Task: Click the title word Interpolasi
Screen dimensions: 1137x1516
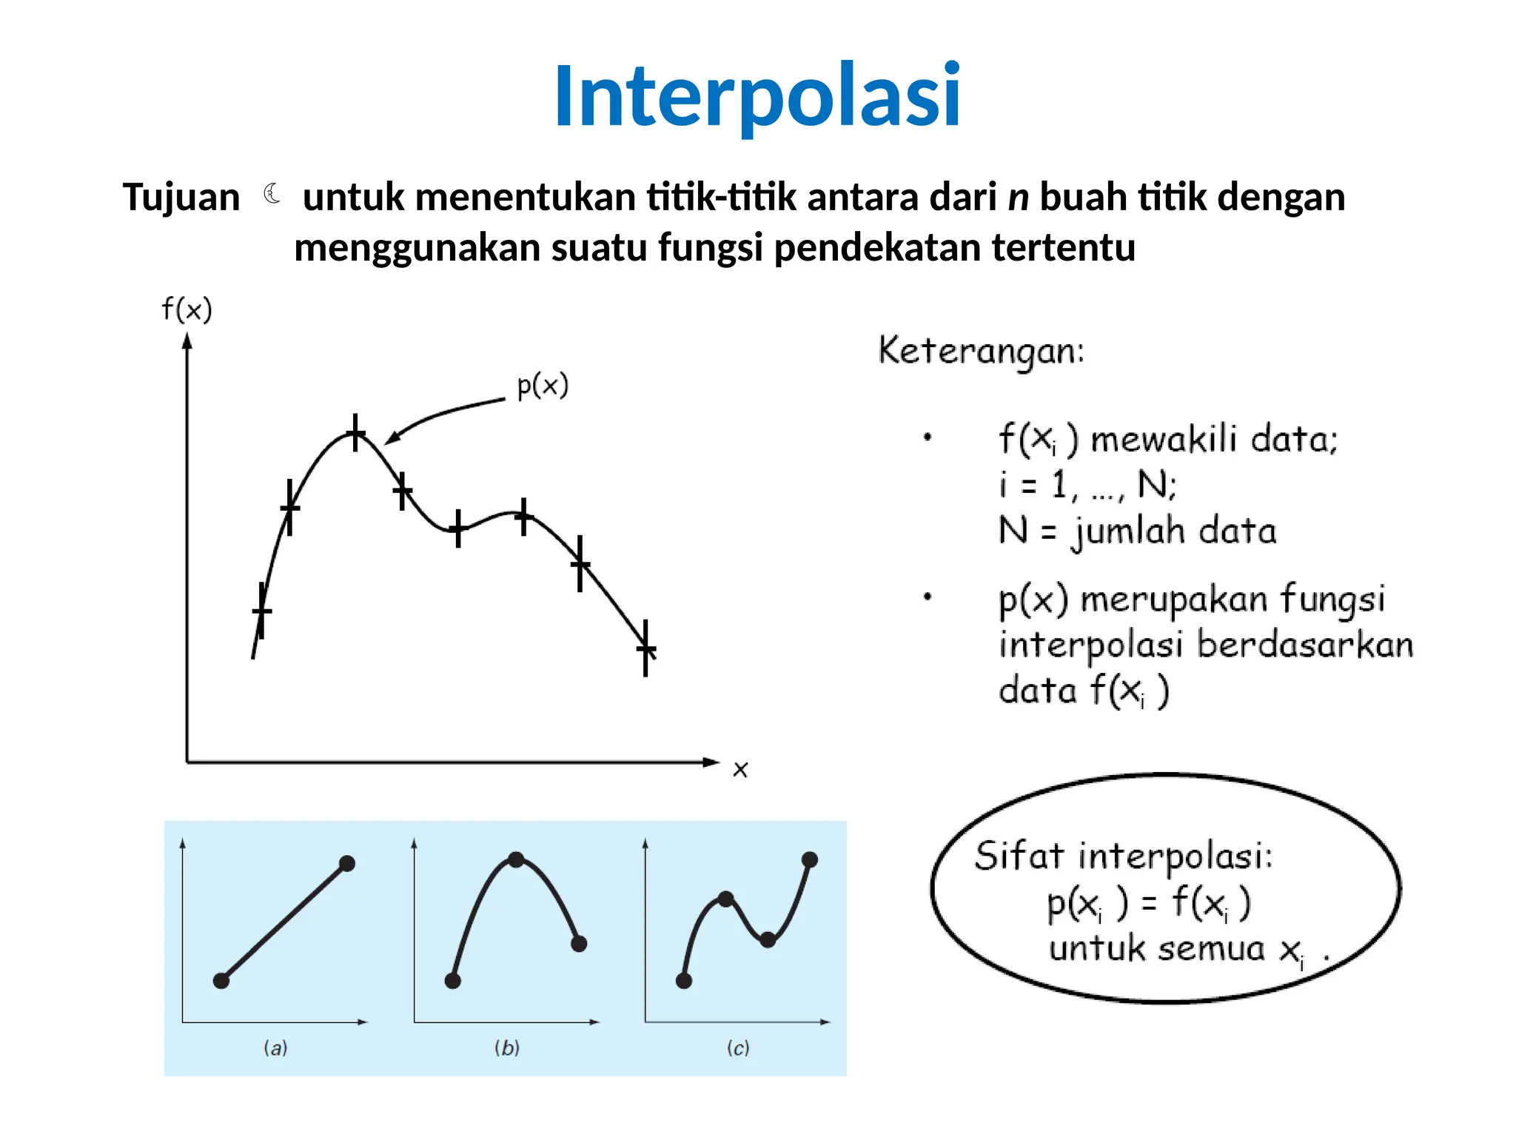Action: [757, 96]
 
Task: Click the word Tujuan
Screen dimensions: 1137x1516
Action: [181, 198]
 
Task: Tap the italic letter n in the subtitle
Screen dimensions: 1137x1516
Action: [1019, 198]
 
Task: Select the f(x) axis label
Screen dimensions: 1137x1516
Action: [187, 309]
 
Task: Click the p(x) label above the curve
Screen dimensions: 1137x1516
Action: [543, 386]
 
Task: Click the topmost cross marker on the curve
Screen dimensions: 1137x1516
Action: [356, 432]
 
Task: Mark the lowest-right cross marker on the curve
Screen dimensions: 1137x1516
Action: [645, 649]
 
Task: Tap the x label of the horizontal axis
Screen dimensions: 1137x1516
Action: [740, 770]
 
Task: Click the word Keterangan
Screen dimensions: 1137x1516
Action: [980, 351]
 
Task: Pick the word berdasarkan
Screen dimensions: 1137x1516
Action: [1305, 645]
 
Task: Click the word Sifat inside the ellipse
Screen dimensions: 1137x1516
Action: [1019, 856]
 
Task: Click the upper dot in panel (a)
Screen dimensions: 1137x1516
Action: [347, 863]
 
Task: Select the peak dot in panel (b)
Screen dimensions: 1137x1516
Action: [517, 859]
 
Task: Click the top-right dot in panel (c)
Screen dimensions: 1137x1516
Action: [810, 859]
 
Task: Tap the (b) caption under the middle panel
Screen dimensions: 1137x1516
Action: [507, 1047]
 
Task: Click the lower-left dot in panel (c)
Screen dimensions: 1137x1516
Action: [684, 981]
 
